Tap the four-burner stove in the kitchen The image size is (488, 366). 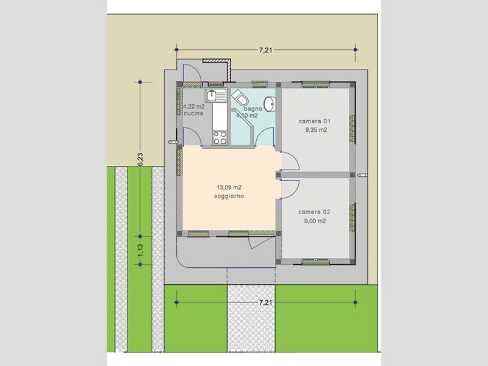219,136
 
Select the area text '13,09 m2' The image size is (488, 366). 229,187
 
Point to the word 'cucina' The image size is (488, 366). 193,113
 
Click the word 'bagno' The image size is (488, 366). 253,109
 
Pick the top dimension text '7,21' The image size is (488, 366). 265,50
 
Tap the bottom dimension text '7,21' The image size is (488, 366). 265,302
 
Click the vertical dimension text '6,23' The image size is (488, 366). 140,159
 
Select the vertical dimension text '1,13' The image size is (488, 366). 140,250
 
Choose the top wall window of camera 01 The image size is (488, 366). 317,84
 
